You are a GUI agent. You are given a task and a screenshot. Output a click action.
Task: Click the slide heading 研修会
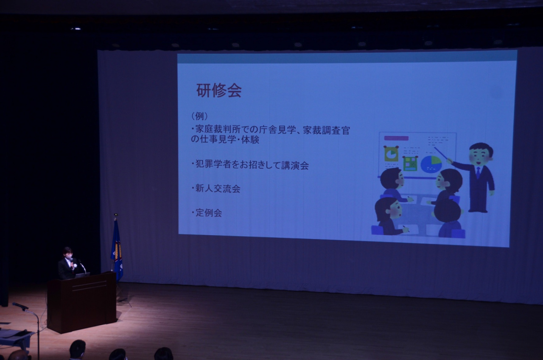click(218, 90)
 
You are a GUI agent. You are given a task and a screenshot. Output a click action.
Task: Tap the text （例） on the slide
click(199, 116)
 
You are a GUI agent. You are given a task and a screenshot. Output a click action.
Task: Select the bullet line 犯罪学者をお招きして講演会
click(250, 165)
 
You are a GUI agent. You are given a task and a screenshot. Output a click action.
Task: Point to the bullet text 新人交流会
click(216, 188)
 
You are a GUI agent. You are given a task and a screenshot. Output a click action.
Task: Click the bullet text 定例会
click(207, 213)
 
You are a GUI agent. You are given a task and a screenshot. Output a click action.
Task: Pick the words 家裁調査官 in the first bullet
click(326, 130)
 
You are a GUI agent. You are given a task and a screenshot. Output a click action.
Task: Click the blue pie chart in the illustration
click(431, 164)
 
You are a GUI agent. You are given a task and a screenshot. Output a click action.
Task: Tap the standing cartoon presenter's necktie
click(478, 173)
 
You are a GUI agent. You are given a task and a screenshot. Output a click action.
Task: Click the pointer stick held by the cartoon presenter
click(441, 153)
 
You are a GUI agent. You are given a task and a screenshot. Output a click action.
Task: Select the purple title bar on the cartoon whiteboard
click(396, 138)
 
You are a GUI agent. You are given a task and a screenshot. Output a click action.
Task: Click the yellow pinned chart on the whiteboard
click(391, 154)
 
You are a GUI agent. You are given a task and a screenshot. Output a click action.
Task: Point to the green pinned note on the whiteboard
click(410, 163)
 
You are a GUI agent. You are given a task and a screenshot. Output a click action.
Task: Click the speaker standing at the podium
click(67, 264)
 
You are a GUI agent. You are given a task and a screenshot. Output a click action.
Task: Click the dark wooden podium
click(82, 302)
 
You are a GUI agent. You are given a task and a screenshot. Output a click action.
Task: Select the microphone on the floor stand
click(20, 306)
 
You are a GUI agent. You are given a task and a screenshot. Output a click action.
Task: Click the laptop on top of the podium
click(82, 275)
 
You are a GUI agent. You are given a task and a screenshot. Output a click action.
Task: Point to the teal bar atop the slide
click(347, 57)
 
